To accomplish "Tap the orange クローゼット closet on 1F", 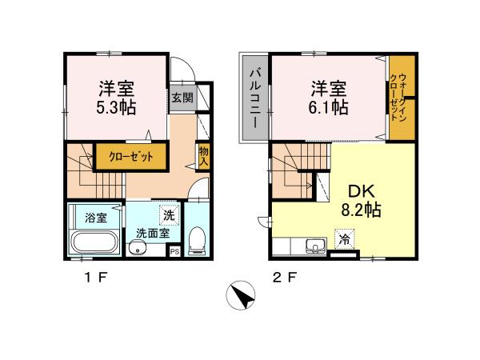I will (131, 157).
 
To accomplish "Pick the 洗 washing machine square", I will (169, 214).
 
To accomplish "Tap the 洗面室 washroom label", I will (150, 234).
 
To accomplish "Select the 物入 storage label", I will (203, 155).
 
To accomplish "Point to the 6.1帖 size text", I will (329, 107).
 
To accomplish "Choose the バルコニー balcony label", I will (252, 98).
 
